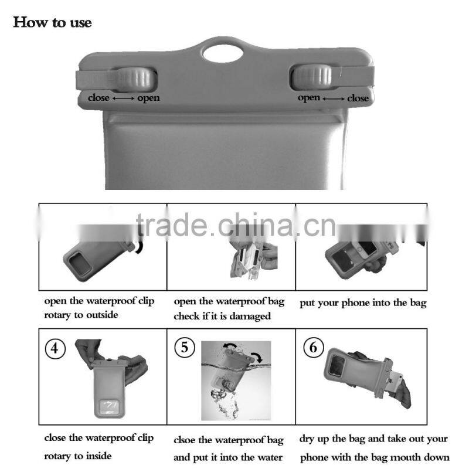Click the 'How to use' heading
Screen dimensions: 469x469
(x=52, y=22)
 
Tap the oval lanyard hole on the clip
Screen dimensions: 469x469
(x=223, y=53)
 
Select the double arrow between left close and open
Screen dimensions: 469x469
(x=124, y=98)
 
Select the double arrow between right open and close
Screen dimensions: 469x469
(x=334, y=98)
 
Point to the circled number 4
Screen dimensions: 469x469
(x=55, y=348)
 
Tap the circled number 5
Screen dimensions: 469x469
(x=185, y=348)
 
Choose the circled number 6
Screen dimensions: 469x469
(x=313, y=347)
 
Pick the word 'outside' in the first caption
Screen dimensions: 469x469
(x=102, y=315)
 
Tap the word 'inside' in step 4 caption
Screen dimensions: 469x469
(x=98, y=456)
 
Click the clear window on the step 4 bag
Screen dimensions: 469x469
(x=109, y=407)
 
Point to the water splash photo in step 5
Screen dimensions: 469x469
(x=236, y=380)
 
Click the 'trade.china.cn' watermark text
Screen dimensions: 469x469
(x=236, y=225)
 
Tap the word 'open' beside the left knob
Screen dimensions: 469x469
(x=148, y=98)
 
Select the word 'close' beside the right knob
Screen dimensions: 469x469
(x=358, y=98)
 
